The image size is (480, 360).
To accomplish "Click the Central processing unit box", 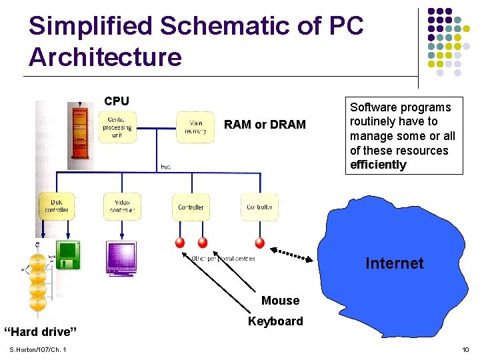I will tap(117, 127).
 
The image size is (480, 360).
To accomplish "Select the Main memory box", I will tap(195, 127).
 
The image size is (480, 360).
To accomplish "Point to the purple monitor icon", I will tap(121, 257).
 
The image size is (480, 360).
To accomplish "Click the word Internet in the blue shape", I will tap(394, 263).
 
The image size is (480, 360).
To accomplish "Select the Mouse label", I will tap(280, 301).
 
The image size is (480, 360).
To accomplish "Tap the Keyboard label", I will tap(275, 321).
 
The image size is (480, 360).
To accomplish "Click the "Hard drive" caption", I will tap(41, 331).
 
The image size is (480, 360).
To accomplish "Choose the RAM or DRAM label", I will tap(265, 125).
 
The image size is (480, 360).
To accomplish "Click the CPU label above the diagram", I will tap(117, 101).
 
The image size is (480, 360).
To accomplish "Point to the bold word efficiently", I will tap(378, 165).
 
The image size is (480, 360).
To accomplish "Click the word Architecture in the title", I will tap(105, 57).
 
